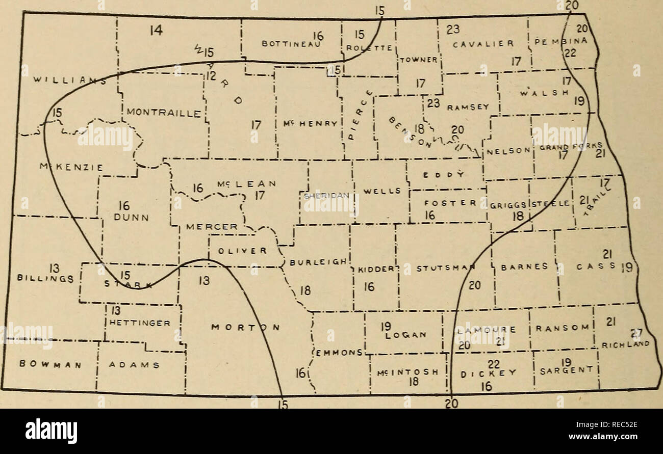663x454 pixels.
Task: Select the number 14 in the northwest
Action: (x=156, y=31)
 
